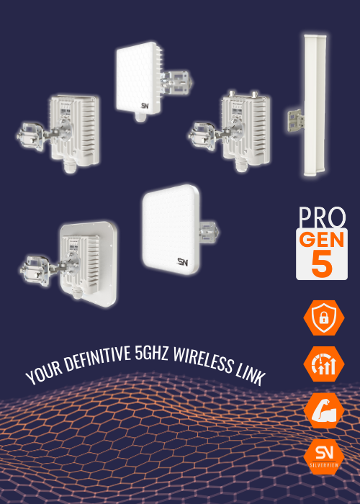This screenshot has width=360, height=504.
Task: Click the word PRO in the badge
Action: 321,217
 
